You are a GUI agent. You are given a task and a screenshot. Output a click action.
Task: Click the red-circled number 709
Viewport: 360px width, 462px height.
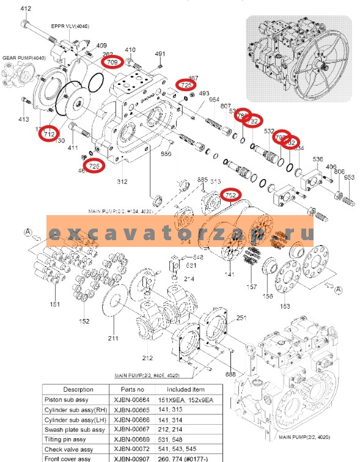coord(112,62)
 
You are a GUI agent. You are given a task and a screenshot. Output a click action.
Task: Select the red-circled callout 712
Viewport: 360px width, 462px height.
coord(50,134)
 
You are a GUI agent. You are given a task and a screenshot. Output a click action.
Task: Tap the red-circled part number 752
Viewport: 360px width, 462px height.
coord(230,195)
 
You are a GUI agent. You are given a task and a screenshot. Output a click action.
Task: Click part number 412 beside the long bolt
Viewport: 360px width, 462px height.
coord(25,9)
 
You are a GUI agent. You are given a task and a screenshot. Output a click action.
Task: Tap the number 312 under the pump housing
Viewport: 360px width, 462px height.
coord(122,182)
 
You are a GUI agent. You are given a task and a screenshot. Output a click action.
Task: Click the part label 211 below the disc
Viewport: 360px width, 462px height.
coord(113,338)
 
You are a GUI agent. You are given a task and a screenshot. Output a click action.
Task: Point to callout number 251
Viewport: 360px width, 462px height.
coord(241,318)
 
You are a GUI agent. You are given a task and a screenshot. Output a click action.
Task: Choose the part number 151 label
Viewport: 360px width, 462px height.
coord(54,304)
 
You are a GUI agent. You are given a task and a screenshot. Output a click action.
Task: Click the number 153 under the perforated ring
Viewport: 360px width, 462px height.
coord(285,306)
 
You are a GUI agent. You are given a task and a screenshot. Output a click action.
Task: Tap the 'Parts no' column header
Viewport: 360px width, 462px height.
coord(132,389)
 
